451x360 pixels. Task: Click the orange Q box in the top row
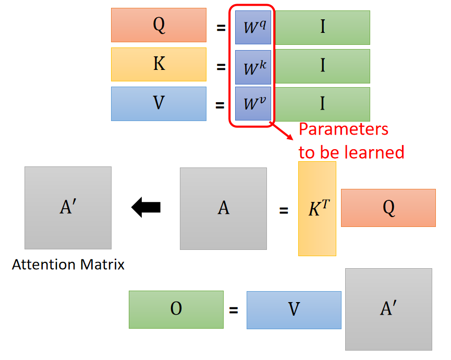tap(159, 25)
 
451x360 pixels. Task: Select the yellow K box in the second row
tap(159, 64)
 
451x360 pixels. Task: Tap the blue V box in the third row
tap(159, 103)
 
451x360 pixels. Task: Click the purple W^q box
tap(253, 27)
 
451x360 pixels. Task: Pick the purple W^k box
tap(253, 67)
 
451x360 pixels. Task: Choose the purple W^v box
tap(253, 103)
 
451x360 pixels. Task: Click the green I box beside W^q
tap(322, 27)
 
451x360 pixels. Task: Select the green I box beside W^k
tap(322, 66)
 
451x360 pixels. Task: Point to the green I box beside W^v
tap(322, 104)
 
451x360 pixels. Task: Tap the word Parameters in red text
tap(343, 129)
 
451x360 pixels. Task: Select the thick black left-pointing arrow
tap(146, 208)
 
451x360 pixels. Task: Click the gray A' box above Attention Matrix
tap(68, 208)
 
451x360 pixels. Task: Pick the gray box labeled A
tap(223, 208)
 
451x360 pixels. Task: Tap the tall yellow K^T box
tap(317, 208)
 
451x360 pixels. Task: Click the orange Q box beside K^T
tap(388, 208)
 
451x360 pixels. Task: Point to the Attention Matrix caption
tap(68, 265)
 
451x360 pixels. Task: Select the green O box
tap(176, 309)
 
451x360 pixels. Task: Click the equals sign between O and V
tap(234, 310)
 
